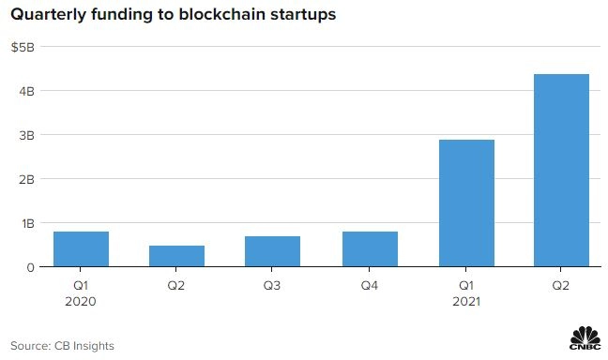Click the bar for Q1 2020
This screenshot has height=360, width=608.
(x=81, y=248)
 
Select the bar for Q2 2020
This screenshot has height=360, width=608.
(x=176, y=256)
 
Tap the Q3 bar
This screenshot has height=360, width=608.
(x=273, y=251)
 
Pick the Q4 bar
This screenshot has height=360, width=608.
(x=370, y=248)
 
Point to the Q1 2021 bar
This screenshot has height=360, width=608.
(x=466, y=203)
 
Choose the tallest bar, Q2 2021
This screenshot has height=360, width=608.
(x=561, y=170)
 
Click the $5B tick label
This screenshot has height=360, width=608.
(x=23, y=47)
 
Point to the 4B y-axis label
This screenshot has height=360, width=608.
(x=26, y=92)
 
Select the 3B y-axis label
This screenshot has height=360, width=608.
(x=26, y=136)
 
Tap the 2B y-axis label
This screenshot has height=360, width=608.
(x=26, y=180)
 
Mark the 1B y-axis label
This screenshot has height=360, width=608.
(x=28, y=224)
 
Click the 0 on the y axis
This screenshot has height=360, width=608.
(x=30, y=268)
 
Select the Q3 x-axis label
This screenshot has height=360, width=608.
(x=272, y=286)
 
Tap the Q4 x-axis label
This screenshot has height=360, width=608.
(x=369, y=286)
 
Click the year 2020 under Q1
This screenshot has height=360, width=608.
(x=81, y=302)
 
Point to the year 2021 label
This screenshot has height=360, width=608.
(x=466, y=302)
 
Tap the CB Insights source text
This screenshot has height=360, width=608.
(x=84, y=346)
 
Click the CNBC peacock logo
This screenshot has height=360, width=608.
(x=585, y=337)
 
